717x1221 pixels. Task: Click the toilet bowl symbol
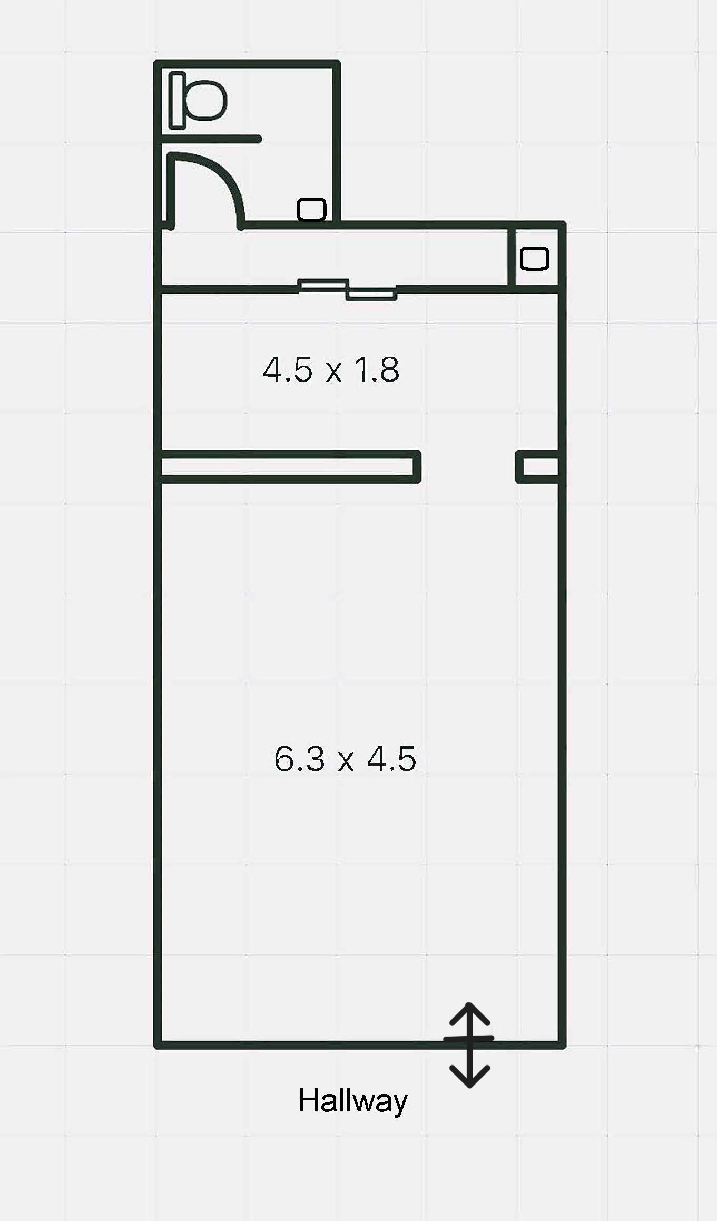point(207,100)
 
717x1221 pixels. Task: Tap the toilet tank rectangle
point(176,100)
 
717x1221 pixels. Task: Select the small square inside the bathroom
point(311,209)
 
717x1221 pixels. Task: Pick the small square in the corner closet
point(534,259)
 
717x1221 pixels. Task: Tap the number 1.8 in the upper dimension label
point(377,369)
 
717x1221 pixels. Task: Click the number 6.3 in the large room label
point(299,759)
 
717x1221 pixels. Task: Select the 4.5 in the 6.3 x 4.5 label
point(391,759)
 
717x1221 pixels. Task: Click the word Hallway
point(352,1101)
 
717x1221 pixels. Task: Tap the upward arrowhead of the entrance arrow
point(469,1014)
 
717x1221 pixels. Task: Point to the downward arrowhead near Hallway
point(469,1075)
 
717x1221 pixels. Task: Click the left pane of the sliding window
point(323,285)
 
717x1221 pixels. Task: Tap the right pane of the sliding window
point(371,294)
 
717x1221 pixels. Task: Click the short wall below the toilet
point(211,139)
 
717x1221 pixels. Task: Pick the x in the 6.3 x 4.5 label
point(346,762)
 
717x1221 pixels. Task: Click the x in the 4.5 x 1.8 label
point(333,372)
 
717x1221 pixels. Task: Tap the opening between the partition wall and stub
point(468,467)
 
